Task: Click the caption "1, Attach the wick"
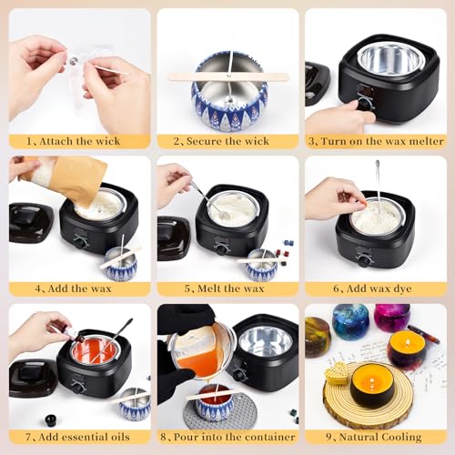(x=78, y=141)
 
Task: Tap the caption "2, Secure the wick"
(x=227, y=141)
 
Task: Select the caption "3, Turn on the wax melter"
(x=375, y=141)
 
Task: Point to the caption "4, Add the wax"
(x=78, y=288)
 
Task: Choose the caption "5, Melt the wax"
(x=227, y=288)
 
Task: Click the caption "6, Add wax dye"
(x=375, y=288)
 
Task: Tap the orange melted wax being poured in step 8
(x=201, y=360)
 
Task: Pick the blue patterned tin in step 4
(x=121, y=266)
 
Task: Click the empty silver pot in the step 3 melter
(x=391, y=59)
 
